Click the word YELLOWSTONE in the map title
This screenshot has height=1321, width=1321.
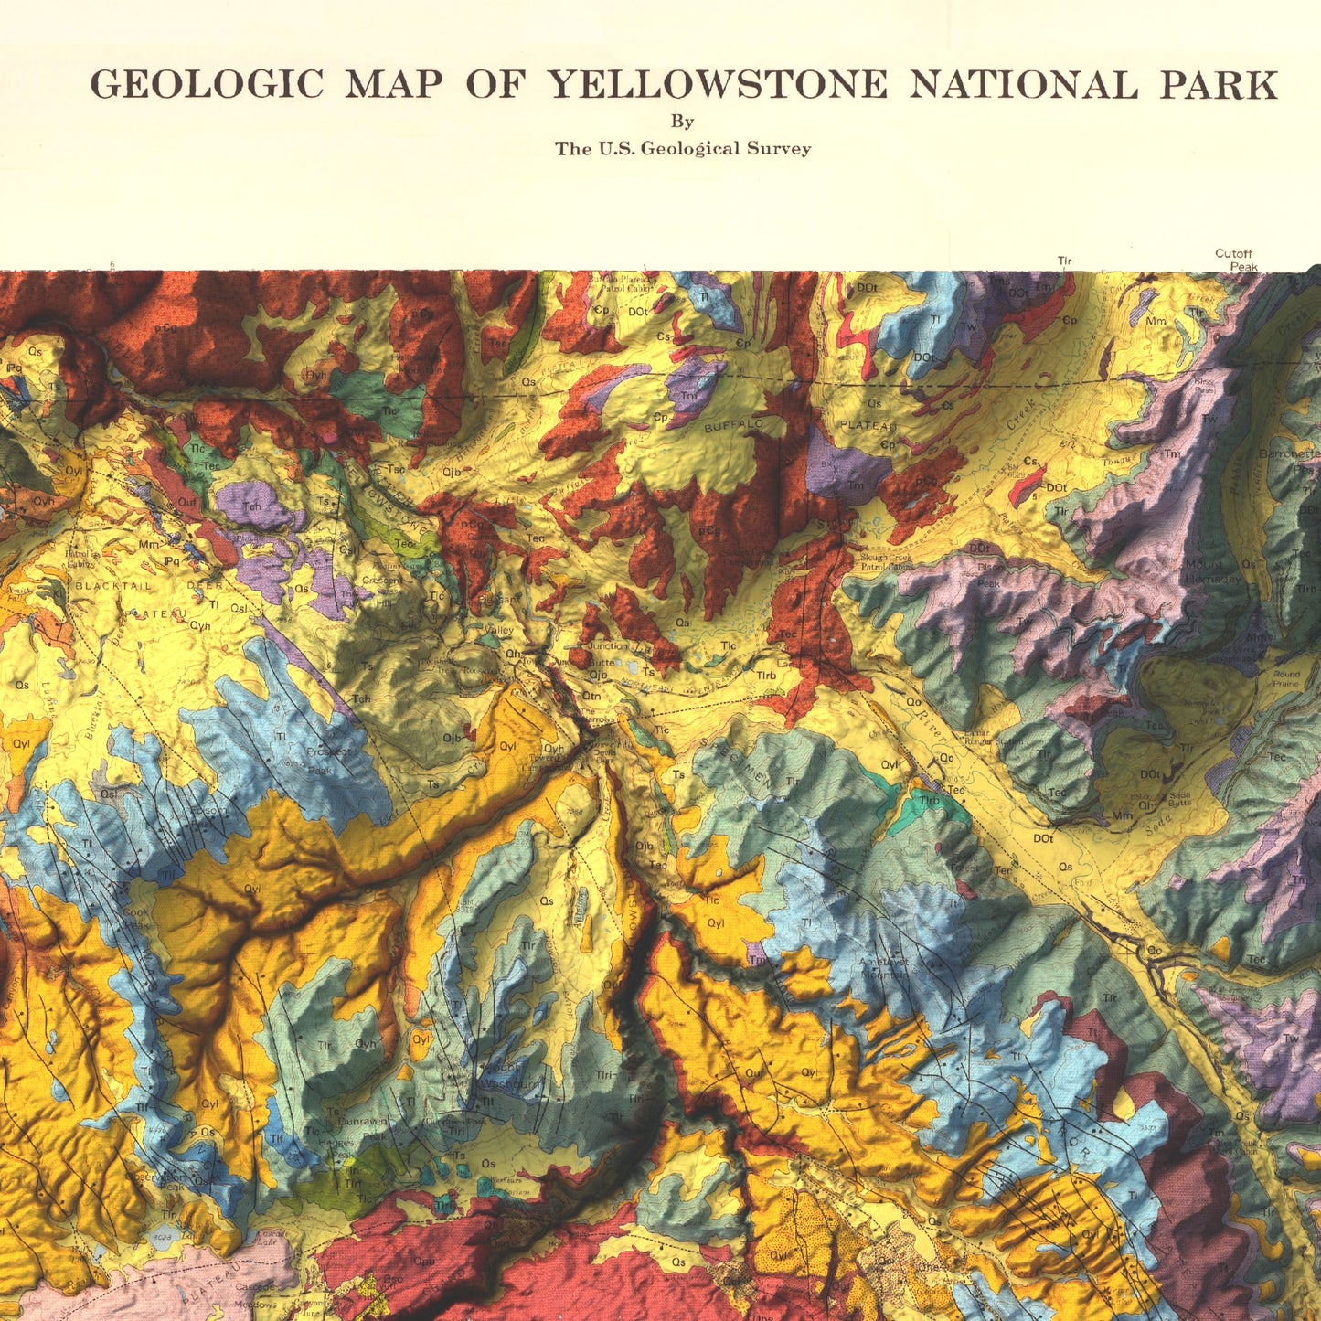pos(717,85)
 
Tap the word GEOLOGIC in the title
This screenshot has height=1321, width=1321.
pos(207,85)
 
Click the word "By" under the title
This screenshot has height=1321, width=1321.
pos(682,121)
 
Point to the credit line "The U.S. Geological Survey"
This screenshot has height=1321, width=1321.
pos(683,149)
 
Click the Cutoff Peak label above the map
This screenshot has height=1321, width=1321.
pos(1235,260)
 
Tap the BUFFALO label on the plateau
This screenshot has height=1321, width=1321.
pos(733,426)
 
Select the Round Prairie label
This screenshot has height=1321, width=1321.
pos(1286,678)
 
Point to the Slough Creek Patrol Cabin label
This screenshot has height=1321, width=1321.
pos(886,561)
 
